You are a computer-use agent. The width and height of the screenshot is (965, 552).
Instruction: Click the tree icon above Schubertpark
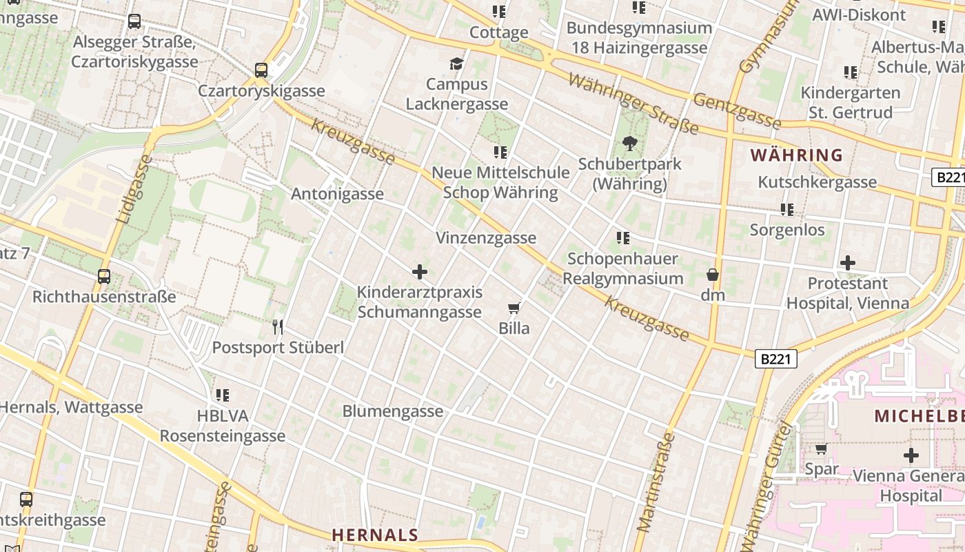(629, 144)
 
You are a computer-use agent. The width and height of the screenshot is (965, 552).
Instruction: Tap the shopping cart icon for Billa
(514, 308)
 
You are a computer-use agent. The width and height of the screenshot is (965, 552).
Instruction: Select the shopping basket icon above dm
(713, 275)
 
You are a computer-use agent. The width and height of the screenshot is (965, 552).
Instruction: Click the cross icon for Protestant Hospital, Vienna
(848, 263)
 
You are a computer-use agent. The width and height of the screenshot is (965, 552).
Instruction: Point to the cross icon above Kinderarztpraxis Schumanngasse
(419, 272)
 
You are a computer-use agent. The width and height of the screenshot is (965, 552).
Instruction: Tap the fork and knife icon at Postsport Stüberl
(278, 326)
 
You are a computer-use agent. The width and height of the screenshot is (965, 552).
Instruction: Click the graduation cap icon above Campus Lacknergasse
(456, 64)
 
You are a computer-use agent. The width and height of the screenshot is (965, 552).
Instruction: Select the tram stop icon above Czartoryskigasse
(261, 70)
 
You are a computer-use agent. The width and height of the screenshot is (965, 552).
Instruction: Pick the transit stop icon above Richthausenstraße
(104, 277)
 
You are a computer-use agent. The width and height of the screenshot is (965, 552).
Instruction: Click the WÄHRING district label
(797, 155)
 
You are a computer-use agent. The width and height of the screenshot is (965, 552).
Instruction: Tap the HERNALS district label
(375, 535)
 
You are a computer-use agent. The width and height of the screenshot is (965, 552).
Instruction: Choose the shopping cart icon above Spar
(821, 449)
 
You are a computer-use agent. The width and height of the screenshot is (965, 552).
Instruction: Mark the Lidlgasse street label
(134, 188)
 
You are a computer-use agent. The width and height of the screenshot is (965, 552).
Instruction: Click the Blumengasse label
(393, 411)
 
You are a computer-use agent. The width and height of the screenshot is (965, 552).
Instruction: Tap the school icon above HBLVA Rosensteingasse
(222, 395)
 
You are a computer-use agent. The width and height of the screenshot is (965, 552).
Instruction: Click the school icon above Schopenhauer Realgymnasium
(623, 238)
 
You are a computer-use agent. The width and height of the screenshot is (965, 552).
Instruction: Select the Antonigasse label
(337, 194)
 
